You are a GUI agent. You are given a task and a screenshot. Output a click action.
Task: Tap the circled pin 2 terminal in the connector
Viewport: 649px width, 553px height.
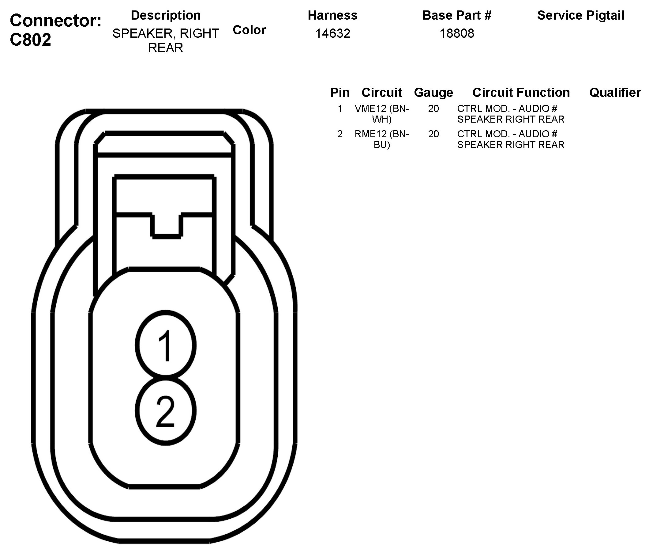(166, 411)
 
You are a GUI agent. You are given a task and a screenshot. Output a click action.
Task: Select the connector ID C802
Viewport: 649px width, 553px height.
(30, 40)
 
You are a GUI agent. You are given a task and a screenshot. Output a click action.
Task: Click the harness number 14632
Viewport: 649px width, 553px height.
(332, 33)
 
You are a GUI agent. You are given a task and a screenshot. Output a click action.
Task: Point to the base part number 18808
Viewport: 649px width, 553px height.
(457, 33)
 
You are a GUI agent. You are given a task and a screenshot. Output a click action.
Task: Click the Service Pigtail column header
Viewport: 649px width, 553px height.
(580, 15)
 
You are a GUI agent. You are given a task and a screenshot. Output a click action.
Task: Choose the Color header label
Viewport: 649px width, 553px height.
(249, 30)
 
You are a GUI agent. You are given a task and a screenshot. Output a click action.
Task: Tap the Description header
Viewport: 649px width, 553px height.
(166, 15)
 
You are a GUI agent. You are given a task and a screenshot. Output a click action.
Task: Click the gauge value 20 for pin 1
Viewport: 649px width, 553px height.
(433, 109)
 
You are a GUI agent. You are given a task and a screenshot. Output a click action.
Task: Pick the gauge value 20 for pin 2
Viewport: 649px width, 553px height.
(433, 134)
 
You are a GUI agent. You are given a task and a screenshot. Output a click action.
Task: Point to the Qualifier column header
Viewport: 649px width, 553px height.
(615, 93)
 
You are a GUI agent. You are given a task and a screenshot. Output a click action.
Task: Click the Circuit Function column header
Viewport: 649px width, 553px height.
(521, 93)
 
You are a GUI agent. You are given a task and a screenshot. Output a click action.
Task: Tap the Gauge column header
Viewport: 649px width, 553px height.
(433, 93)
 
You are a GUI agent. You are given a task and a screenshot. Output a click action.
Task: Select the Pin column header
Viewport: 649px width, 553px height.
(340, 93)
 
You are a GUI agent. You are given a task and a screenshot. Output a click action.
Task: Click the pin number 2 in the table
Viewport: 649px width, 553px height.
(340, 134)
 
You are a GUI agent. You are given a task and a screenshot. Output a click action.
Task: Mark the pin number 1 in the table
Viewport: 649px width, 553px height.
(340, 109)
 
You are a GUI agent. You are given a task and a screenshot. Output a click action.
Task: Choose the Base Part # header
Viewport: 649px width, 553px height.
(457, 15)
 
